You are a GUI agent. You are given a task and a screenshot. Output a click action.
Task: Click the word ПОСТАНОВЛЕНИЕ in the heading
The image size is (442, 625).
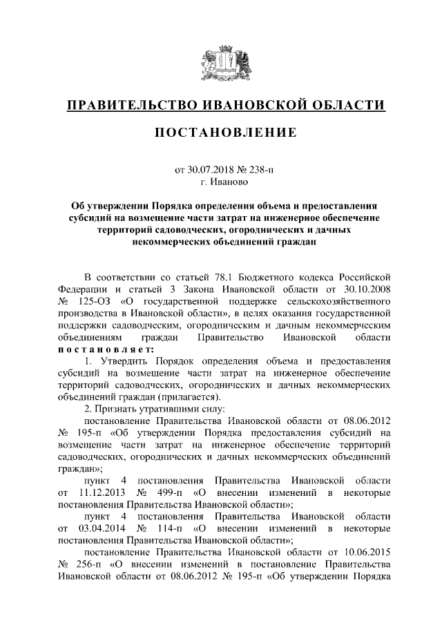click(221, 132)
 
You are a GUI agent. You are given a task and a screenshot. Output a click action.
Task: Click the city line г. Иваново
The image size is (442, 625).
click(221, 182)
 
